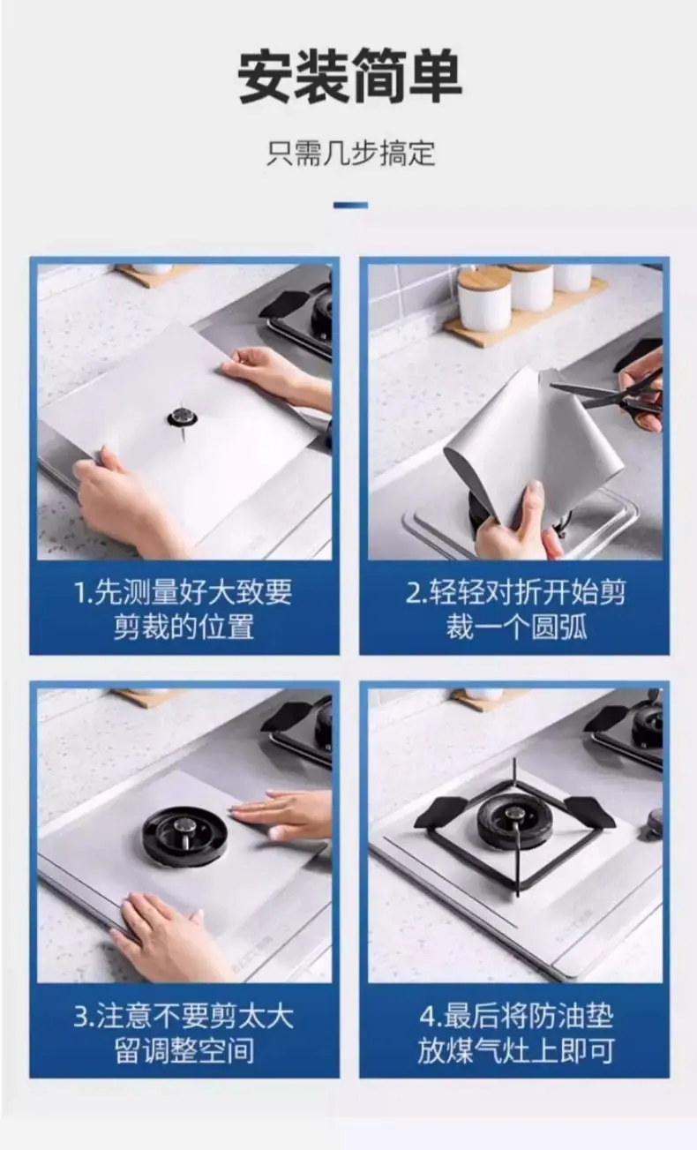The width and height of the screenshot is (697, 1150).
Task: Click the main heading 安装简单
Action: pyautogui.click(x=349, y=76)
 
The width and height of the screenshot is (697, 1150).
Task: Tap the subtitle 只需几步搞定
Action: pyautogui.click(x=350, y=153)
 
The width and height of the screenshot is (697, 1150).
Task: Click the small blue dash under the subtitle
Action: pyautogui.click(x=350, y=206)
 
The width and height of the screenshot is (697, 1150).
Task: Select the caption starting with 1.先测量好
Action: pyautogui.click(x=184, y=609)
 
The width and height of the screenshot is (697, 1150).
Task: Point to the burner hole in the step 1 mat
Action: pyautogui.click(x=182, y=417)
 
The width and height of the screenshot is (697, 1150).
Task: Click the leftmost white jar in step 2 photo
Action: pyautogui.click(x=483, y=301)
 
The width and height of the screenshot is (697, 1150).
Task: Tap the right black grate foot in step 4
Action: pyautogui.click(x=590, y=810)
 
